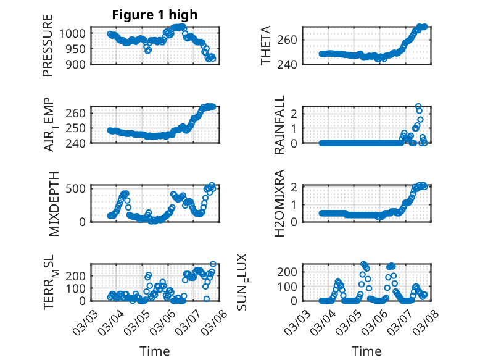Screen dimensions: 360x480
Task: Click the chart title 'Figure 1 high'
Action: click(x=155, y=15)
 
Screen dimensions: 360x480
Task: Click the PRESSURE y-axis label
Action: click(x=48, y=46)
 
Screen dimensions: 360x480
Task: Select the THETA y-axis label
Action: click(x=266, y=46)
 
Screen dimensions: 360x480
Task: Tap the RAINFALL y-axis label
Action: click(x=279, y=124)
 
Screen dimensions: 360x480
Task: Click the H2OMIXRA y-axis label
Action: click(x=279, y=203)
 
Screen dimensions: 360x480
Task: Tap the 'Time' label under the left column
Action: click(x=155, y=351)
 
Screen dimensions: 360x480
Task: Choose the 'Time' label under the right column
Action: click(x=366, y=351)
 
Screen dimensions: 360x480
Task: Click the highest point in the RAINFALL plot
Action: click(x=418, y=107)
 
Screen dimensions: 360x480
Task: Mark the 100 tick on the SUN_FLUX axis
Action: click(x=288, y=286)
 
